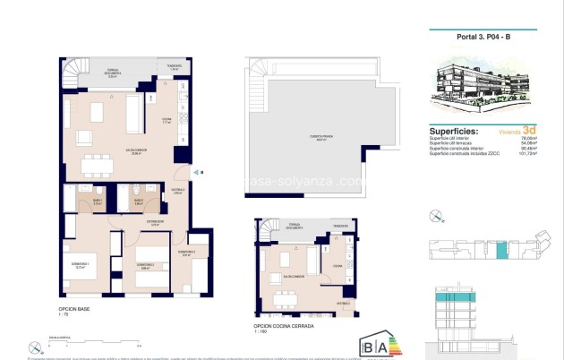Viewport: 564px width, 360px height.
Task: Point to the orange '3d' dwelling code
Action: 530,129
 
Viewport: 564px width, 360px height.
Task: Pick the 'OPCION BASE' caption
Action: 74,309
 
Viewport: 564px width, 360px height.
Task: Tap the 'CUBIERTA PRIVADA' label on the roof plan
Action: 320,137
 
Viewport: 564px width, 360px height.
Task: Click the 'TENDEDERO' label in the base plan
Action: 175,66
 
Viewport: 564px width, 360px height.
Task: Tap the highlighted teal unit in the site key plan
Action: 502,252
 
